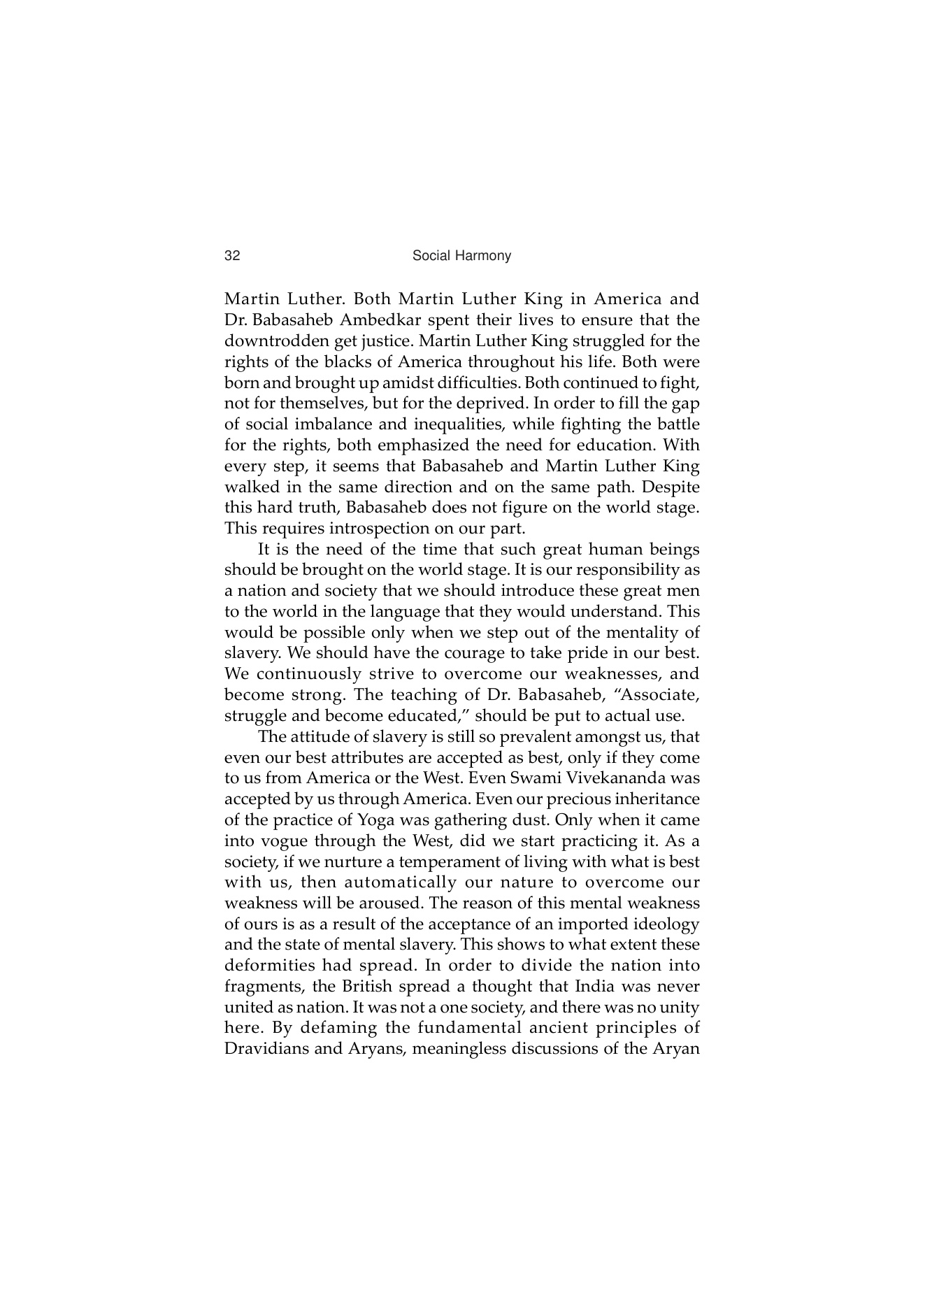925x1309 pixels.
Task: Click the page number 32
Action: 232,256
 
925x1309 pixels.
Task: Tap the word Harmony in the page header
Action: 484,256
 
